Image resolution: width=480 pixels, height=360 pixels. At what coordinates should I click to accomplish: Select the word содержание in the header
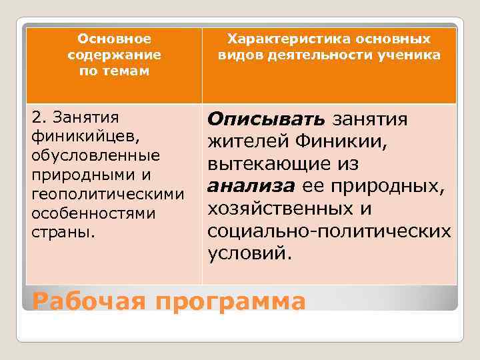[114, 55]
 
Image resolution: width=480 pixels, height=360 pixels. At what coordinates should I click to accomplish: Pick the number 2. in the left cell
[39, 118]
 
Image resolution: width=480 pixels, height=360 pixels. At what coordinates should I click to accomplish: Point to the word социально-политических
[329, 231]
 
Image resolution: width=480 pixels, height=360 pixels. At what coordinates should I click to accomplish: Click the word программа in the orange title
[231, 301]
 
